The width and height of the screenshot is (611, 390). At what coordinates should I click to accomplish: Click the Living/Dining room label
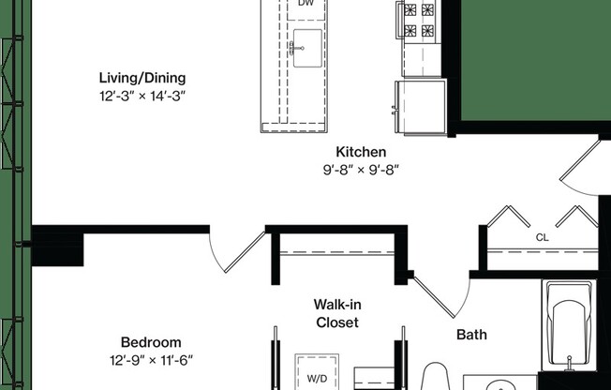143,77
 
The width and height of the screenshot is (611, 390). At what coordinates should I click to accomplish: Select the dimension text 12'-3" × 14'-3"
143,95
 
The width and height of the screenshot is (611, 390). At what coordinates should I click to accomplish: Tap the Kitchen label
361,152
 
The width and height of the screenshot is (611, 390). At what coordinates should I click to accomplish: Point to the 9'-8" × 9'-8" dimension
361,170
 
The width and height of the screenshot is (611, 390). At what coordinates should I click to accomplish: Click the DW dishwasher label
305,5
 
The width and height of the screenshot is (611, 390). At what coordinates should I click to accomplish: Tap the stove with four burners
417,22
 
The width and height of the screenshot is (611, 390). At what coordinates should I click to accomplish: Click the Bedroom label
151,342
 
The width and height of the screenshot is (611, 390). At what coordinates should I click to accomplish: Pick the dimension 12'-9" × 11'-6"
151,360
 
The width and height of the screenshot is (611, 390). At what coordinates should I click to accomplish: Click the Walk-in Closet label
335,313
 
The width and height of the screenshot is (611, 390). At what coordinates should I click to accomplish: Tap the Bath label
471,334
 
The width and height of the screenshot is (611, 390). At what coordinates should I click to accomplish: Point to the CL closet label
542,238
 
